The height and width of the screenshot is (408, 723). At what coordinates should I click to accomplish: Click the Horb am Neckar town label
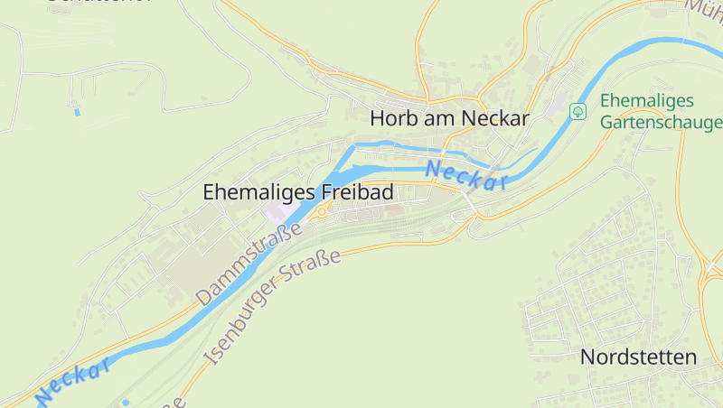tap(449, 118)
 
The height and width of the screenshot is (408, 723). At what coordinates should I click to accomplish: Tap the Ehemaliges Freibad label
tap(298, 192)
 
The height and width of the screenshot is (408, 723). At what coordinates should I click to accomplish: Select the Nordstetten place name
tap(638, 357)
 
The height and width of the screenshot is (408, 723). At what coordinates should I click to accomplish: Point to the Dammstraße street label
tap(249, 263)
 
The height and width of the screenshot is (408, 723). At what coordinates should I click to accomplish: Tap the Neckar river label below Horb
tap(465, 174)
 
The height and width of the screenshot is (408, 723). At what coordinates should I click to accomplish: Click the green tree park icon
tap(578, 112)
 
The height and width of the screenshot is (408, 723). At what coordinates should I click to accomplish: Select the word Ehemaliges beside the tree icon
tap(646, 101)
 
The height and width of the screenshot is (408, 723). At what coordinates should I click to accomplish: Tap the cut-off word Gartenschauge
tap(662, 122)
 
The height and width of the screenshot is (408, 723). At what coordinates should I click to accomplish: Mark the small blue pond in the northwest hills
tap(77, 112)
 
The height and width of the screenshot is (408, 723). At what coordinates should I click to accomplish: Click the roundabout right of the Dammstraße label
tap(321, 211)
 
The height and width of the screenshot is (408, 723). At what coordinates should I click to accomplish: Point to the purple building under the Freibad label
tap(274, 212)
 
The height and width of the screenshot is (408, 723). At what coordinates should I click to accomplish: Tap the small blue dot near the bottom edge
tap(125, 402)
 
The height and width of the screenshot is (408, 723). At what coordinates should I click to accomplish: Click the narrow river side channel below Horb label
tap(398, 145)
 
